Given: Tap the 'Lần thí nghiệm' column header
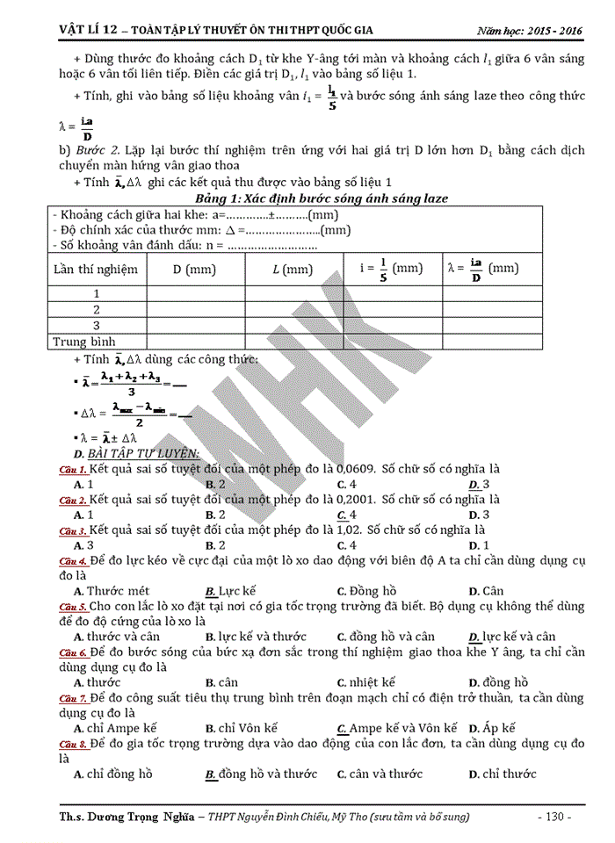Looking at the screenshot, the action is click(x=97, y=269).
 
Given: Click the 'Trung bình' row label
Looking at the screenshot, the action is click(x=84, y=341).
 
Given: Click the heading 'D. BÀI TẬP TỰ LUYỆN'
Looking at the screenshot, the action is click(x=137, y=453).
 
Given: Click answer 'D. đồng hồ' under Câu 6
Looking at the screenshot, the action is click(x=498, y=682).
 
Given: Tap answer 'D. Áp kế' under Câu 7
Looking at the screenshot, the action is click(x=492, y=728).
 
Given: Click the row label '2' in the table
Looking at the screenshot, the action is click(x=97, y=309).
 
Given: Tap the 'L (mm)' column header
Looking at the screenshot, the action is click(x=293, y=269).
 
